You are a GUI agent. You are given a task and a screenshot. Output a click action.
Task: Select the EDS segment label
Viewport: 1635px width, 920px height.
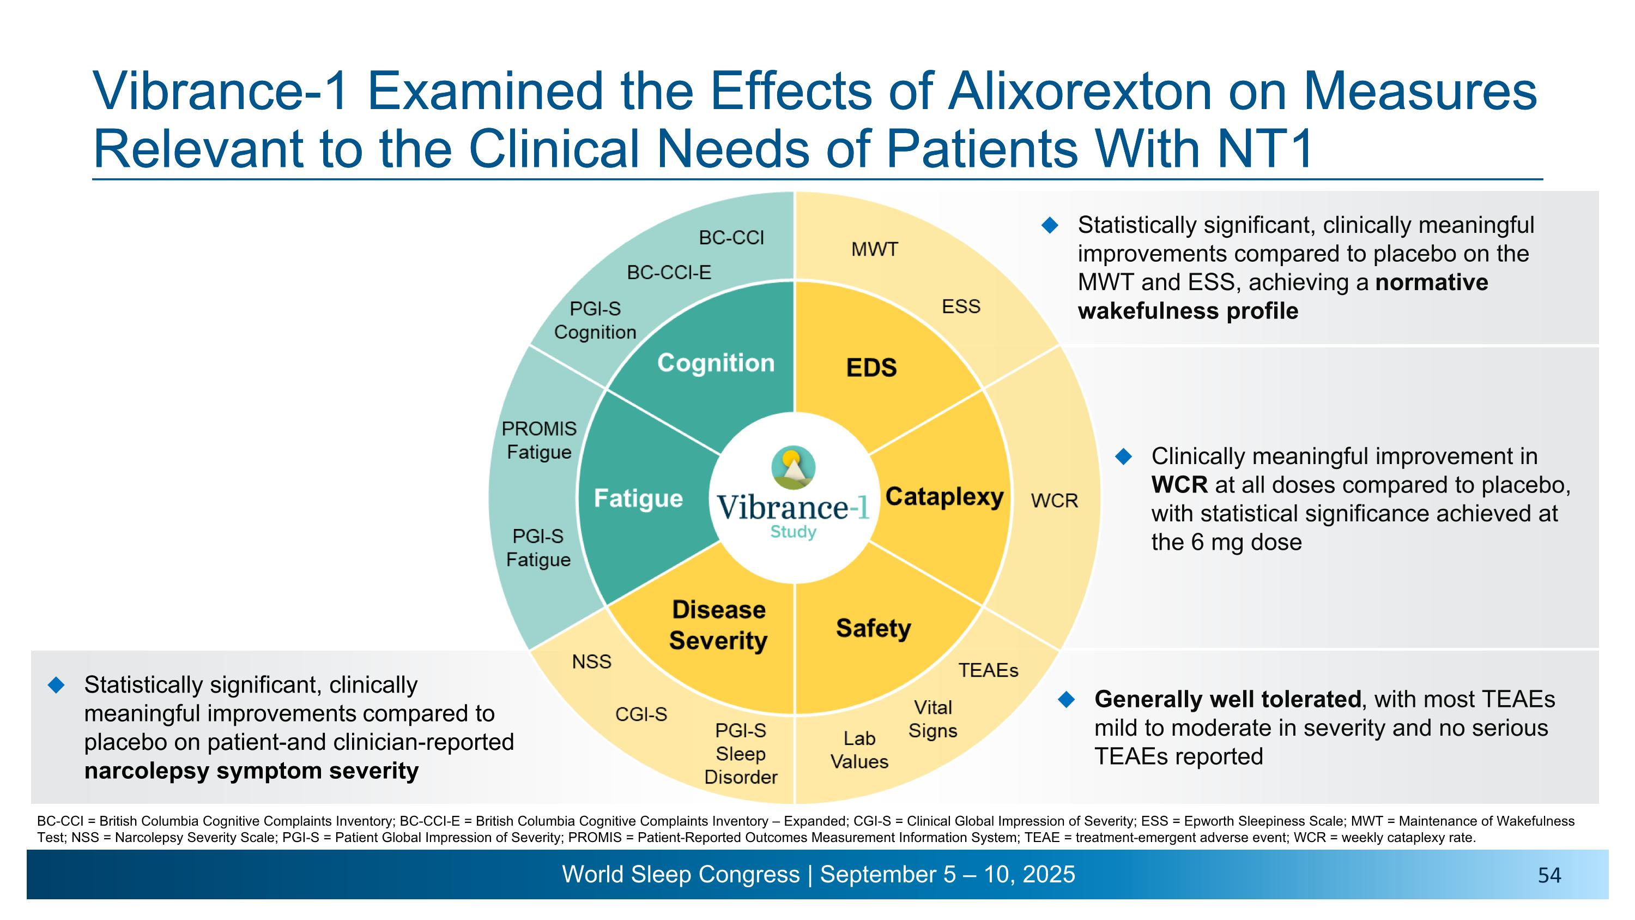[871, 368]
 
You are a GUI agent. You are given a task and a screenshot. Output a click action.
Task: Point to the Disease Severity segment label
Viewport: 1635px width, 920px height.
[718, 625]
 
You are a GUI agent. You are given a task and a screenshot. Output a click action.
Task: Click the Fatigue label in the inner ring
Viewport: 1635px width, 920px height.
[638, 498]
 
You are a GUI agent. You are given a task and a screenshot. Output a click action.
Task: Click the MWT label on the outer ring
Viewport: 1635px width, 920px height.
[874, 250]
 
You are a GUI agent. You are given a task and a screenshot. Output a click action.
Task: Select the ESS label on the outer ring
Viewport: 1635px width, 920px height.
[960, 306]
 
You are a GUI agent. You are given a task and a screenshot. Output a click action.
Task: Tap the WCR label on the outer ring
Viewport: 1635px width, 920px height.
[1053, 501]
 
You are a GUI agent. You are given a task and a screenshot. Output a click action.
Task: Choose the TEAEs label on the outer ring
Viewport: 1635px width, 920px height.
[988, 670]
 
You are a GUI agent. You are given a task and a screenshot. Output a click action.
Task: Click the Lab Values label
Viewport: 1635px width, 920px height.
[859, 750]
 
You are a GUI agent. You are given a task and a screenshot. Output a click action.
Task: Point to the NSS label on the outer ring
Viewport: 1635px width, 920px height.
[591, 662]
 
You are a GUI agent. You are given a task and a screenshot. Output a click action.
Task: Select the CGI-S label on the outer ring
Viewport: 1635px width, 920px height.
[640, 714]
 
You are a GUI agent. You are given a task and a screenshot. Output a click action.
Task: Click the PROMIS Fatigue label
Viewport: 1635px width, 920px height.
[539, 440]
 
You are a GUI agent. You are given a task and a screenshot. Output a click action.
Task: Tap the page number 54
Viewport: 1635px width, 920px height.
[1549, 876]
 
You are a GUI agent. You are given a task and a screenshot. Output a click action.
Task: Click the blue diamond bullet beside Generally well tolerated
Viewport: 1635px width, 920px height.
[1067, 700]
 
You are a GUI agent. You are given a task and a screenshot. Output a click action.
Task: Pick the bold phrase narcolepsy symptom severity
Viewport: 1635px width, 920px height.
[251, 771]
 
